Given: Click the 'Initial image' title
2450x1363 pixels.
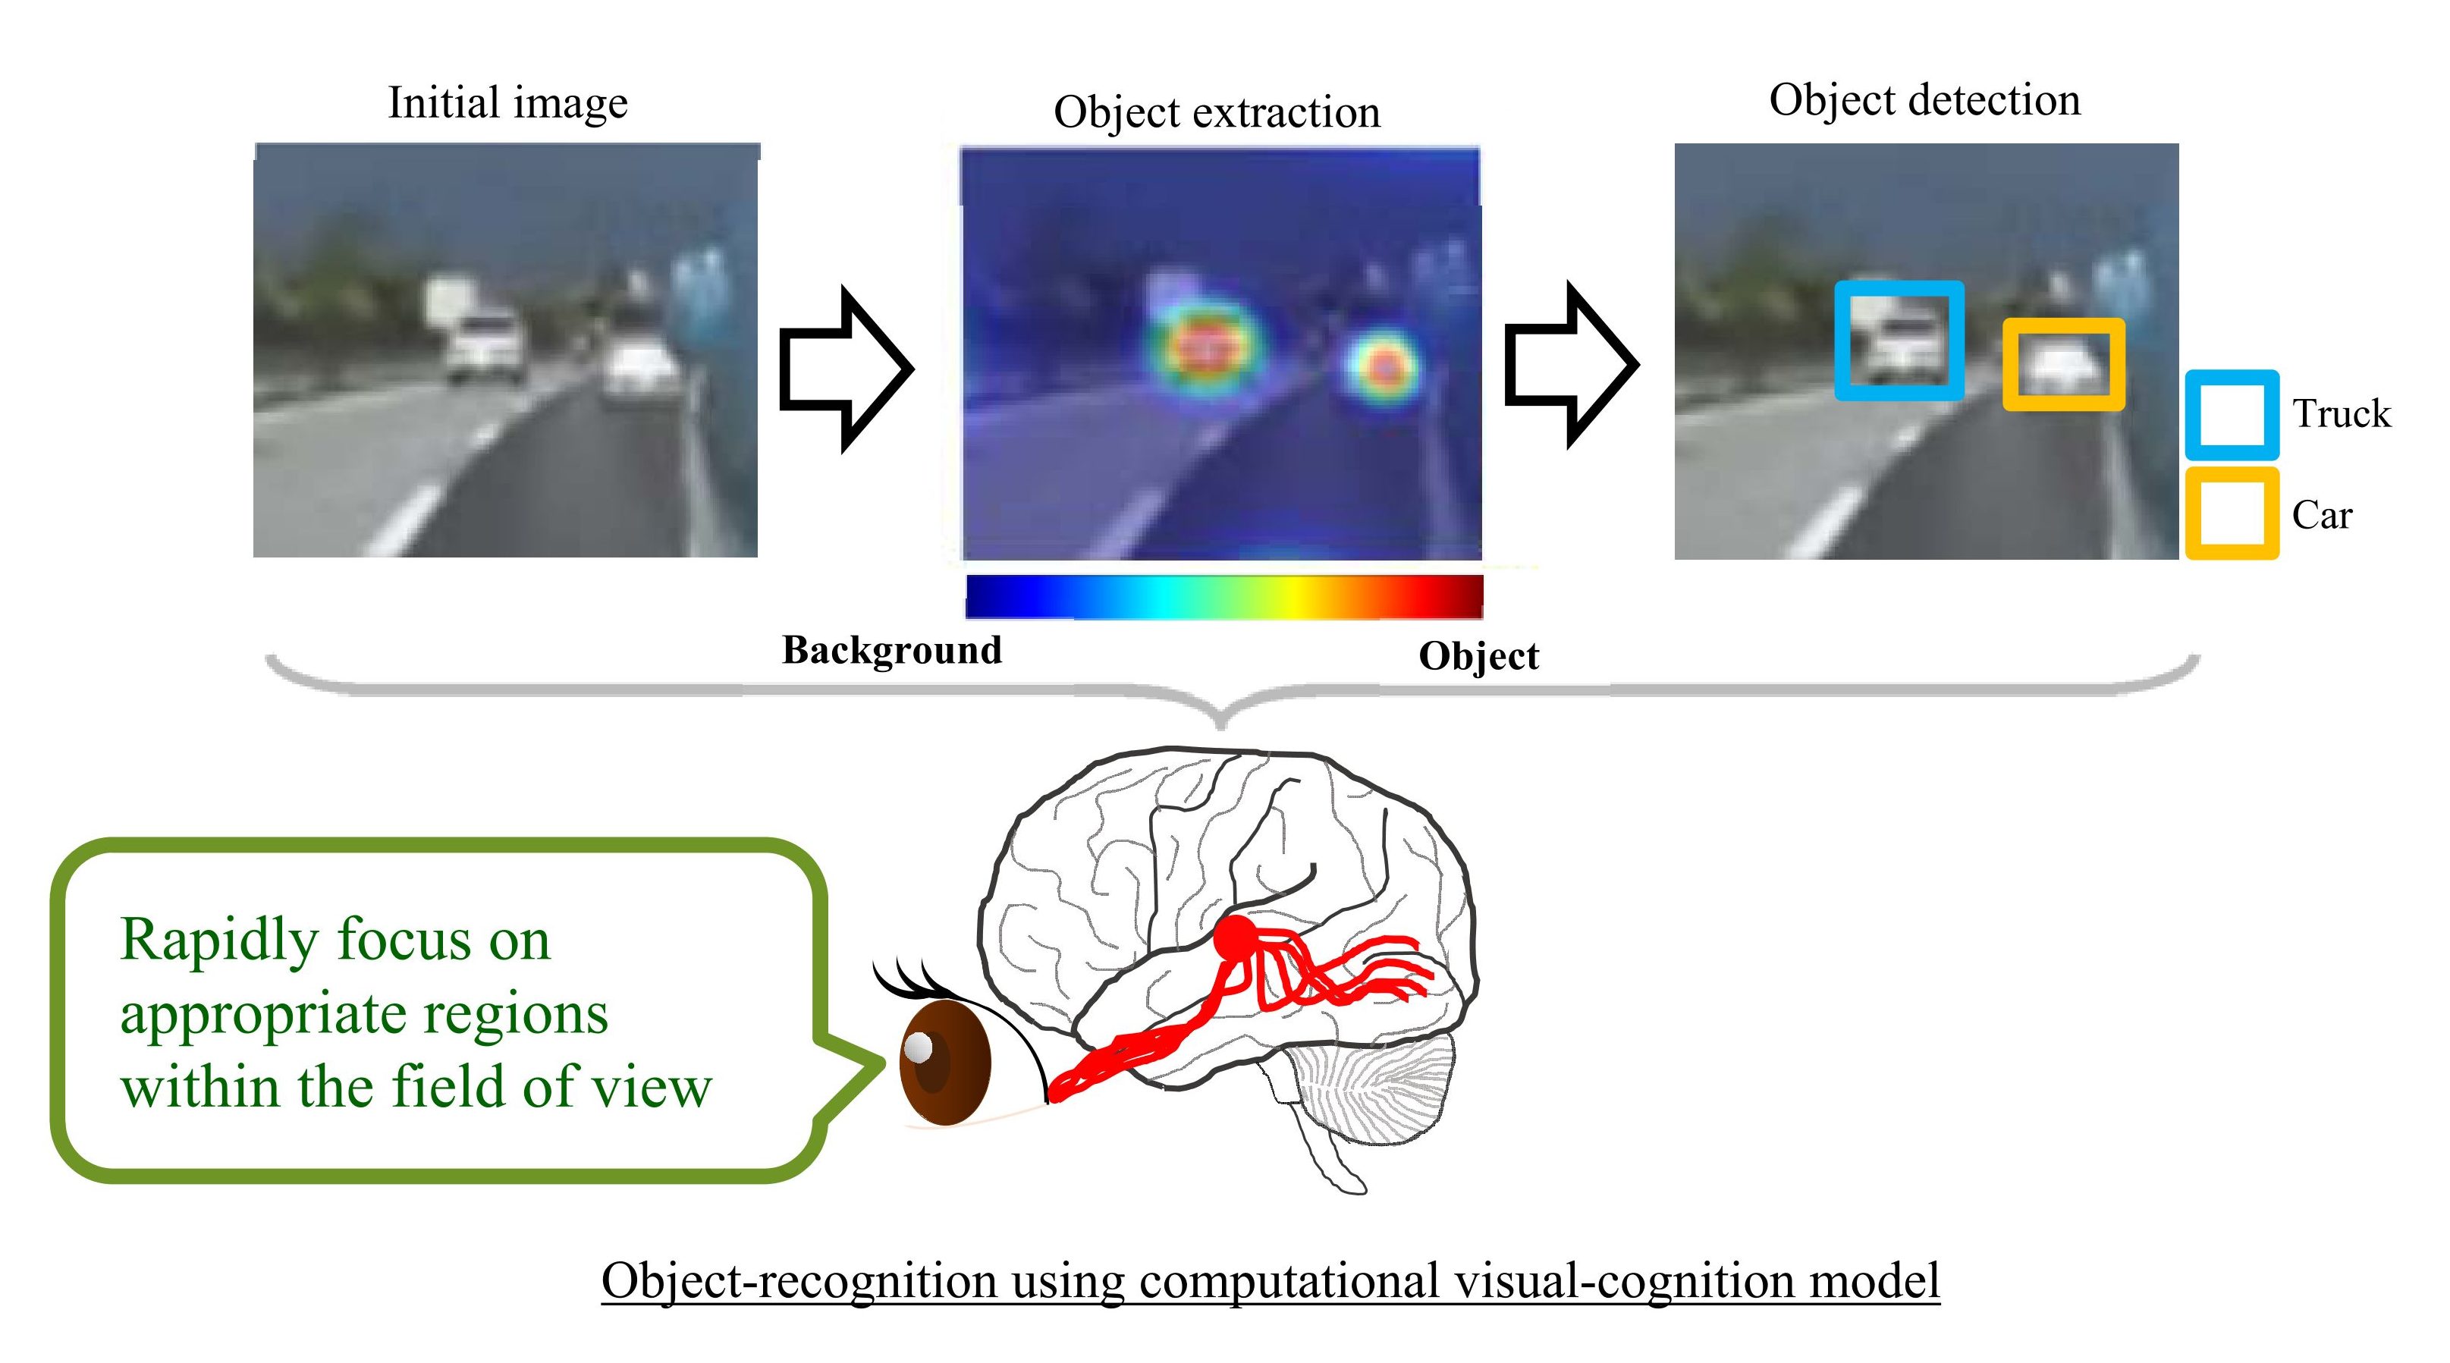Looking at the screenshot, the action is [508, 102].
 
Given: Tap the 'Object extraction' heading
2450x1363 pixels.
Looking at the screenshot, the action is [1217, 113].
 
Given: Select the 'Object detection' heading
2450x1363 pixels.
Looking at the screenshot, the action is [1925, 101].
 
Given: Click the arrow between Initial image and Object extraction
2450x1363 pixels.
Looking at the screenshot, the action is [846, 369].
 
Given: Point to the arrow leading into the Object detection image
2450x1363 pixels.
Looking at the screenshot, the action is [1571, 364].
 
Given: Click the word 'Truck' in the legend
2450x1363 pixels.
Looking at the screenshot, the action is [2341, 413].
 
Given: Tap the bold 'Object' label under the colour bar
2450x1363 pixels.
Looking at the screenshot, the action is [1478, 656].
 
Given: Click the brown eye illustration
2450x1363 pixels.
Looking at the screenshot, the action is [944, 1063].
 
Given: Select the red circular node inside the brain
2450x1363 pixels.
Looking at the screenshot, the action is [1236, 937].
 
